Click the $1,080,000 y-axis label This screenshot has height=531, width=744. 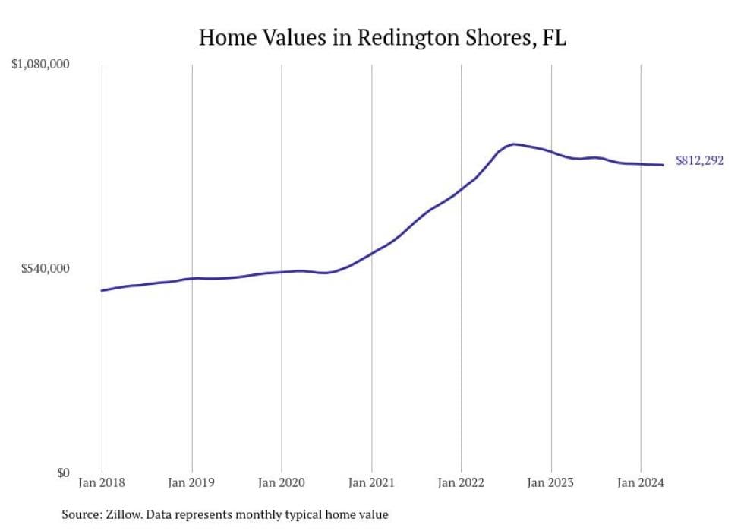coord(40,65)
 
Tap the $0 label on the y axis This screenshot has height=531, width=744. coord(63,473)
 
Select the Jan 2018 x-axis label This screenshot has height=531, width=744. coord(102,483)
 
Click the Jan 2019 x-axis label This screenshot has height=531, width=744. coord(191,483)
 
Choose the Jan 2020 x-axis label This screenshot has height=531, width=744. coord(281,483)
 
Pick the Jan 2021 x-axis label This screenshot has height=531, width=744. coord(371,483)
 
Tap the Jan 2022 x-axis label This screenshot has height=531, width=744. coord(461,483)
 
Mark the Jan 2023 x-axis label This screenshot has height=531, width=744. coord(550,483)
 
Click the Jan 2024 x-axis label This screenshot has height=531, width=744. coord(641,483)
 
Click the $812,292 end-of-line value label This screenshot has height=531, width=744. coord(699,161)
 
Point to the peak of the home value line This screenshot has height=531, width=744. coord(514,144)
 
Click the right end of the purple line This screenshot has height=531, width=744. coord(664,165)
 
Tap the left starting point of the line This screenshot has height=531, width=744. coord(102,290)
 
